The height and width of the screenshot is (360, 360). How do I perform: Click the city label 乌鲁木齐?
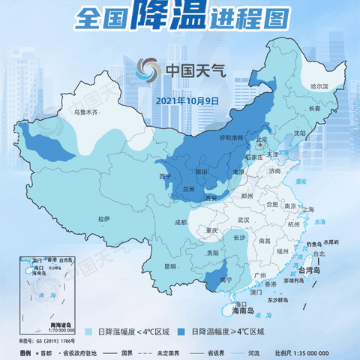pos(85,112)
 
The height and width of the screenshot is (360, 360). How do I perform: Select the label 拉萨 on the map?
pos(104,218)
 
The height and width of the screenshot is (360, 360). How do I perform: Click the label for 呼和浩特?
pos(232,138)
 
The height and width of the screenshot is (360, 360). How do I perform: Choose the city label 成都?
pos(181,223)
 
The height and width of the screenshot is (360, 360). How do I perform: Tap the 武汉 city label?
pos(242,220)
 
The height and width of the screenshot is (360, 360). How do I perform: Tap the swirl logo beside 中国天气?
pos(148,71)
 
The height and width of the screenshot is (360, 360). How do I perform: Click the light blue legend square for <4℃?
pos(88,331)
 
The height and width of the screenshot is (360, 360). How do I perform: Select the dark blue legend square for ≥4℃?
pos(183,331)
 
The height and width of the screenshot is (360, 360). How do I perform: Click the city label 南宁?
pos(225,280)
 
